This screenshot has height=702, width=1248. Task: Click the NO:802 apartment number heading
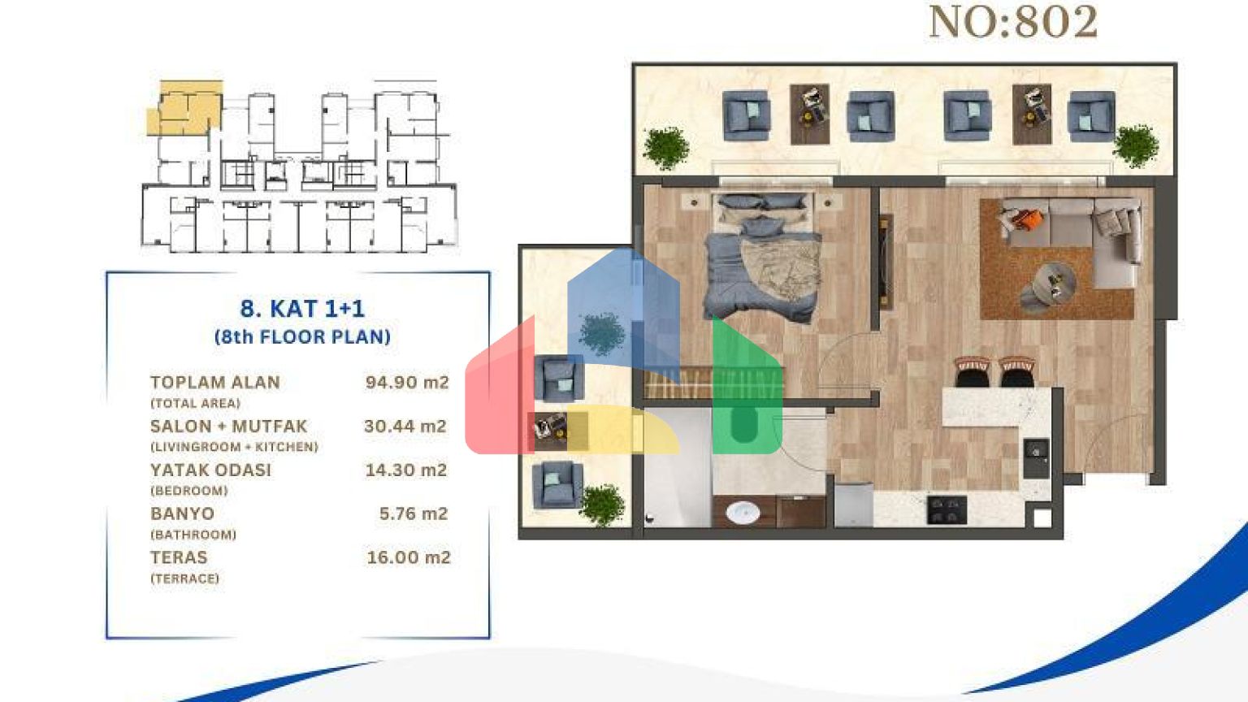click(1013, 22)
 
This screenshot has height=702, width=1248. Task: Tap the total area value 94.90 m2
click(407, 382)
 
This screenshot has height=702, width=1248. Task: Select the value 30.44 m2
click(405, 427)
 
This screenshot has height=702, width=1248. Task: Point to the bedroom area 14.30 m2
click(406, 470)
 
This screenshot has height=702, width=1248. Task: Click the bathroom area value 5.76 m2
click(414, 513)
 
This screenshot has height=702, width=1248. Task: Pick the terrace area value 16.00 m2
click(409, 557)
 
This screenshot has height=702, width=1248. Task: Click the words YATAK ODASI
click(210, 470)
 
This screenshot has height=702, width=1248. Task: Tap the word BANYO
click(182, 513)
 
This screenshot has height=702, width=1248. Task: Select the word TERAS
click(179, 557)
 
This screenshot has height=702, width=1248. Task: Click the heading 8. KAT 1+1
click(302, 309)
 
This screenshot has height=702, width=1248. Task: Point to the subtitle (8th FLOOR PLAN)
click(302, 336)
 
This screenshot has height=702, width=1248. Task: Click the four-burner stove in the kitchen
click(947, 509)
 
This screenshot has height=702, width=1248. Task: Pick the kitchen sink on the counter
click(1036, 458)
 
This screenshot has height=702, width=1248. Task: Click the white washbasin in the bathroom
click(743, 512)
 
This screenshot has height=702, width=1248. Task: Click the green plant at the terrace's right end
click(1136, 146)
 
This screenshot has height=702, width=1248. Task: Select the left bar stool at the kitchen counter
click(973, 372)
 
